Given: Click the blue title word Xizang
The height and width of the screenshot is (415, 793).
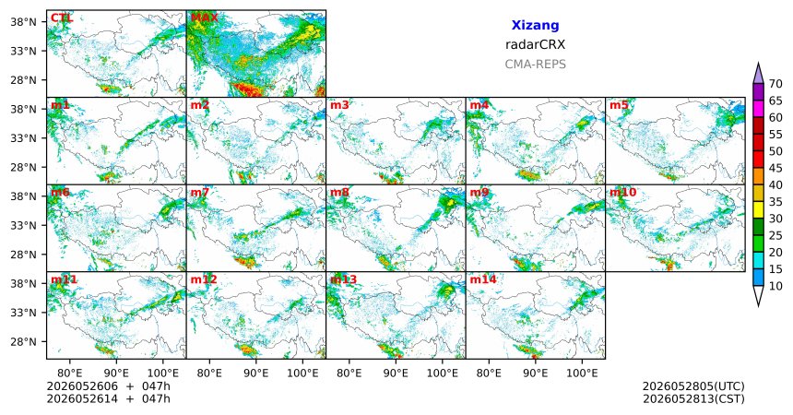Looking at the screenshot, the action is (535, 25).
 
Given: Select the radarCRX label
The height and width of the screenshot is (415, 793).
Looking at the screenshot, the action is (535, 44).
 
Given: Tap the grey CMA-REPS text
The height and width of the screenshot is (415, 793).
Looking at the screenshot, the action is (535, 65).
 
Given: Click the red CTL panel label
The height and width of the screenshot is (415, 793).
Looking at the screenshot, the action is (62, 18).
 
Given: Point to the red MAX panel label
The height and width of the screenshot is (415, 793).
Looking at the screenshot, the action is (205, 18).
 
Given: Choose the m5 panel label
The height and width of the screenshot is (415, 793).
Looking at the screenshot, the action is (619, 105).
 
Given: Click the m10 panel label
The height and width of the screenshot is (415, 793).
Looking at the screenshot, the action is (622, 193).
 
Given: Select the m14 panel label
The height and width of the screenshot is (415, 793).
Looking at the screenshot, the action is (483, 279).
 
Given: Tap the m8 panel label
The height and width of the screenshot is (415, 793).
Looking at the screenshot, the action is (339, 193).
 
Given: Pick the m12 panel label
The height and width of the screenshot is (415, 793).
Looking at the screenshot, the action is (203, 279).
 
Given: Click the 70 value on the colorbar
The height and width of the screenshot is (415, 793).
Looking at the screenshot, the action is (775, 84).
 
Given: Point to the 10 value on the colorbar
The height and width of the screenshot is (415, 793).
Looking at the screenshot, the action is (775, 287).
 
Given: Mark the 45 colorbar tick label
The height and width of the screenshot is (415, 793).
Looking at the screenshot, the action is (775, 168).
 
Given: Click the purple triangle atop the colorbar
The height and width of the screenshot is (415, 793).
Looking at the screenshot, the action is (758, 75).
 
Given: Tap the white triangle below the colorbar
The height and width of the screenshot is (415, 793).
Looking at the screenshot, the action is (758, 294).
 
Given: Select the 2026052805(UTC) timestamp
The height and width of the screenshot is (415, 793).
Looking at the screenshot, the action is (693, 386).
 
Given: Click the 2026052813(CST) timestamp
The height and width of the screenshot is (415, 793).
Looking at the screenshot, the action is (693, 398).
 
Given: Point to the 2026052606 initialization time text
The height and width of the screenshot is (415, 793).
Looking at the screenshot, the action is (82, 386).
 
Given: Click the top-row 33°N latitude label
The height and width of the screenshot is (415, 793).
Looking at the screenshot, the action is (23, 51).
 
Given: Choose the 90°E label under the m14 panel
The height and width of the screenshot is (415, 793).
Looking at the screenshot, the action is (535, 373).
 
